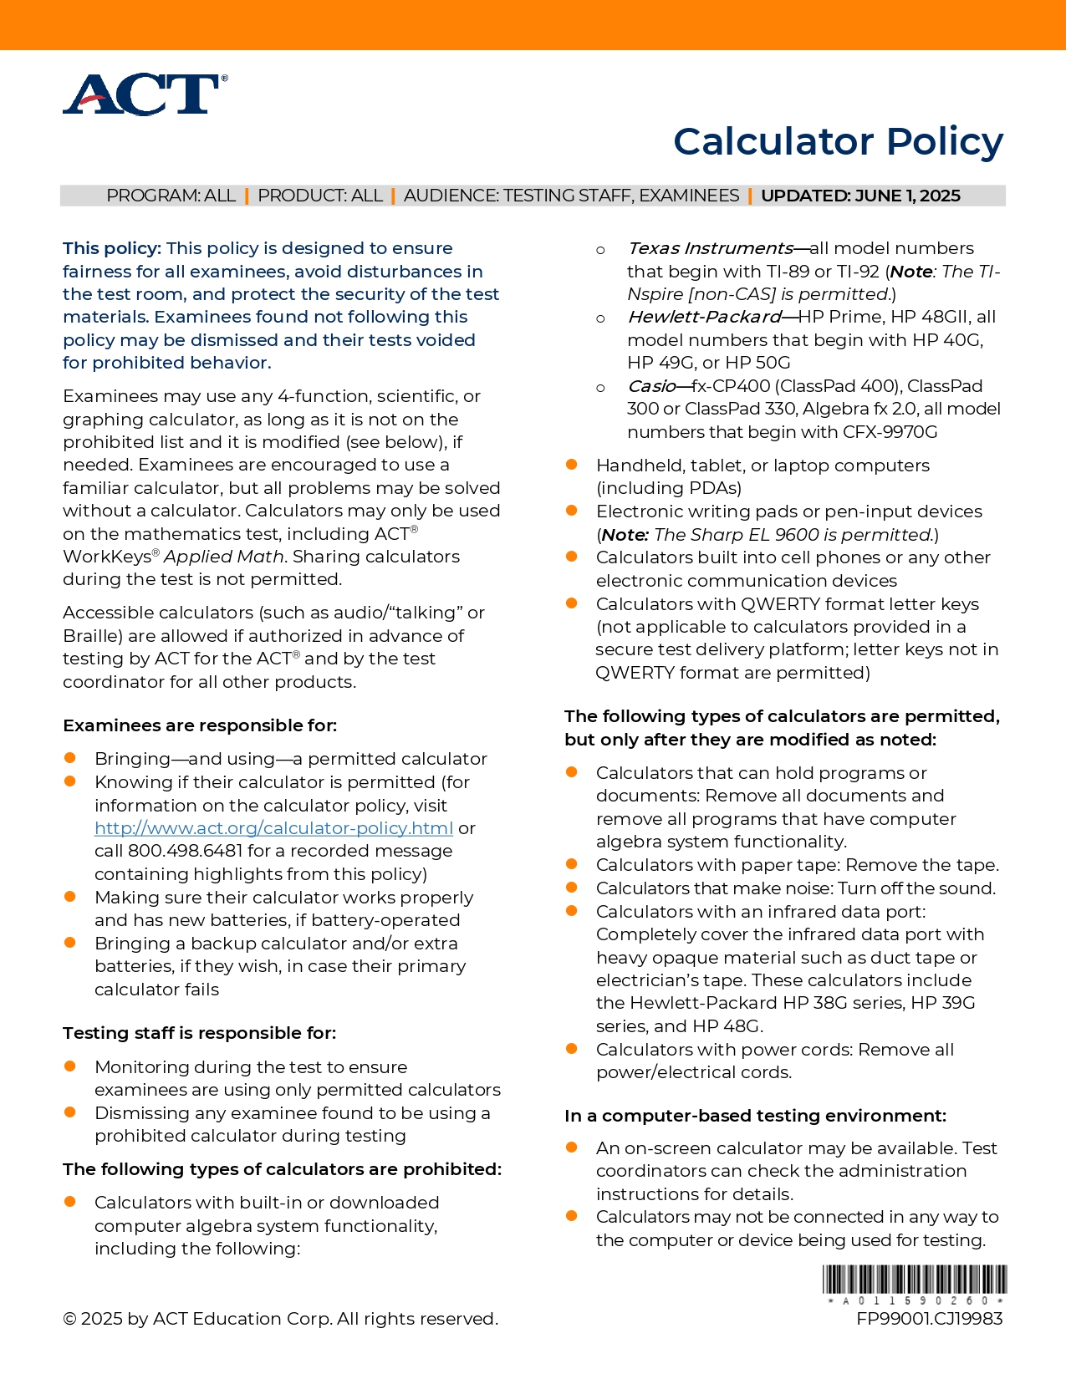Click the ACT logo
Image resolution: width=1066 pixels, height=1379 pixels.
(145, 94)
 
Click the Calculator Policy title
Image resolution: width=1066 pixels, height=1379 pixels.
(838, 141)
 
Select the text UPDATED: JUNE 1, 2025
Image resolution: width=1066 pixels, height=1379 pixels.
(860, 196)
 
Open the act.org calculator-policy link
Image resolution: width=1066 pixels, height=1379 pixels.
(273, 828)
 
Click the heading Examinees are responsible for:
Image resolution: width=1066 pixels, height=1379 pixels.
(200, 725)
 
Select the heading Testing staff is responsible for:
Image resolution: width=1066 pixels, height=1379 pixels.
(199, 1033)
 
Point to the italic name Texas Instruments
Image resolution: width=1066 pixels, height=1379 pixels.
(710, 248)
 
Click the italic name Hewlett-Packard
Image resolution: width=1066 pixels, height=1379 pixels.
(704, 317)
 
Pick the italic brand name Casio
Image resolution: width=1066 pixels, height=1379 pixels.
(651, 386)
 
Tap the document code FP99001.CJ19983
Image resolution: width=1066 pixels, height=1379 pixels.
(929, 1319)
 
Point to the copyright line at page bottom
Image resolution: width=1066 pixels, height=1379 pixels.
(280, 1319)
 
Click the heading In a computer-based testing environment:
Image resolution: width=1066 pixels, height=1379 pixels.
(755, 1116)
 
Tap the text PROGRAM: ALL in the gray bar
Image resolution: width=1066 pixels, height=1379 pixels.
(171, 196)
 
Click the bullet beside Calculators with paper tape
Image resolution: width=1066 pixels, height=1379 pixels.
(572, 864)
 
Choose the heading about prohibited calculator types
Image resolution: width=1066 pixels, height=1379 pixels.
(282, 1169)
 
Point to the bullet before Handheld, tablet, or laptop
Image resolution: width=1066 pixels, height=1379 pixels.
(572, 465)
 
